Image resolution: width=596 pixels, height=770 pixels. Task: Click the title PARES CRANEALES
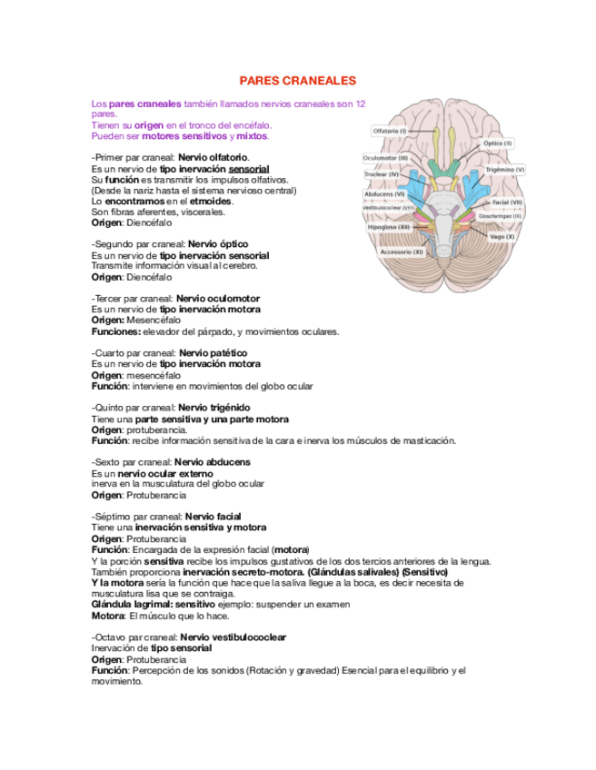pos(297,81)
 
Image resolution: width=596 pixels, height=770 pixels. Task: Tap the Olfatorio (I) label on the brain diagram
pos(390,132)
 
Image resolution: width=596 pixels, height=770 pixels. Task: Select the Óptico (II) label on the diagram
pos(498,143)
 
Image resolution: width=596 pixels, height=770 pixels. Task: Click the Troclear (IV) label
pos(382,173)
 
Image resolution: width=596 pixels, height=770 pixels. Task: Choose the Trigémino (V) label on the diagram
pos(505,169)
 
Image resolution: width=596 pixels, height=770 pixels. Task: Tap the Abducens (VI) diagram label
pos(384,193)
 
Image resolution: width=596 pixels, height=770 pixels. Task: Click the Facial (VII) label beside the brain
pos(507,202)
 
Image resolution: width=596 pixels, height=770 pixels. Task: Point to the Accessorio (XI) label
pos(401,252)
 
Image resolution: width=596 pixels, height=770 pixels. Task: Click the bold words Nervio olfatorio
pos(213,158)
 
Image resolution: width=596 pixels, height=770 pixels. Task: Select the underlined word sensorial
pos(249,169)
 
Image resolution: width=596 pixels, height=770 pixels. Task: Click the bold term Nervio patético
pos(211,352)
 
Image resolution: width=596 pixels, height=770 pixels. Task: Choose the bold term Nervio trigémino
pos(214,408)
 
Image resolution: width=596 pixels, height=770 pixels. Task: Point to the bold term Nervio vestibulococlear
pos(233,637)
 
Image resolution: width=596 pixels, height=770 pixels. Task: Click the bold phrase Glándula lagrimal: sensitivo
pos(154,604)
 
